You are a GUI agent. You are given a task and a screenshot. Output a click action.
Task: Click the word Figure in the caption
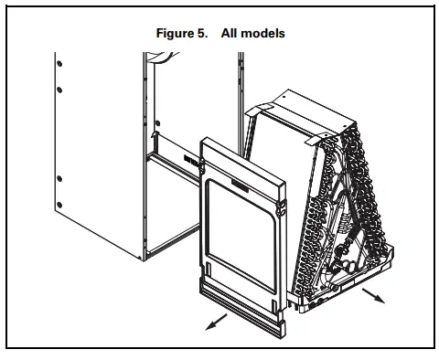pos(176,34)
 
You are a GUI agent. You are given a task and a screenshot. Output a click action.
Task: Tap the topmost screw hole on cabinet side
pos(58,65)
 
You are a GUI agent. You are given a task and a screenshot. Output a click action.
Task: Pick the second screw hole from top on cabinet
pos(58,89)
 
